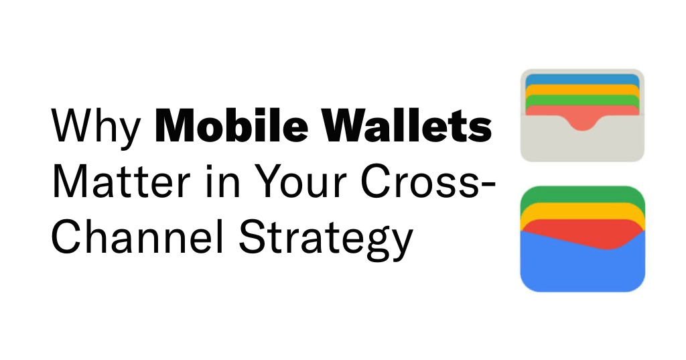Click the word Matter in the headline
coord(121,182)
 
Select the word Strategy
coord(326,240)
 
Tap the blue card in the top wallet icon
coord(582,79)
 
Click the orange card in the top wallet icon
coord(582,89)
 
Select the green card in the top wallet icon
coord(582,100)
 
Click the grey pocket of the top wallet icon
coord(582,145)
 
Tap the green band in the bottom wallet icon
coord(582,195)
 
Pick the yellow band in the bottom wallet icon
coord(582,211)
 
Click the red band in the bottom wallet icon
coord(582,232)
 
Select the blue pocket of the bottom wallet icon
coord(582,267)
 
